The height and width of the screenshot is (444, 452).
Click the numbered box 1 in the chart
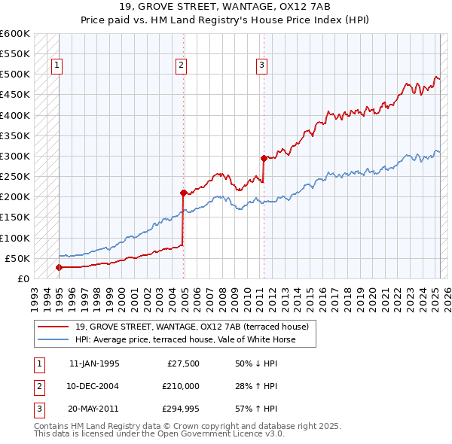58,65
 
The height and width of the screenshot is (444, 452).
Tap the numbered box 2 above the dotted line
182,65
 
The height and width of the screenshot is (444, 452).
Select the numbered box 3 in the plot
261,65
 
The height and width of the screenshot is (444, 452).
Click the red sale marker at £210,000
183,193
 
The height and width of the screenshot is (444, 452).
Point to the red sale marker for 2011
264,158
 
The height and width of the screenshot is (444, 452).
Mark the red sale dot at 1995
59,267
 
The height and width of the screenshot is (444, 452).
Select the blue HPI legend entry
185,339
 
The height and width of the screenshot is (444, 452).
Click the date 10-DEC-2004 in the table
94,386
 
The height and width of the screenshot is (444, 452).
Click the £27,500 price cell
182,363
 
